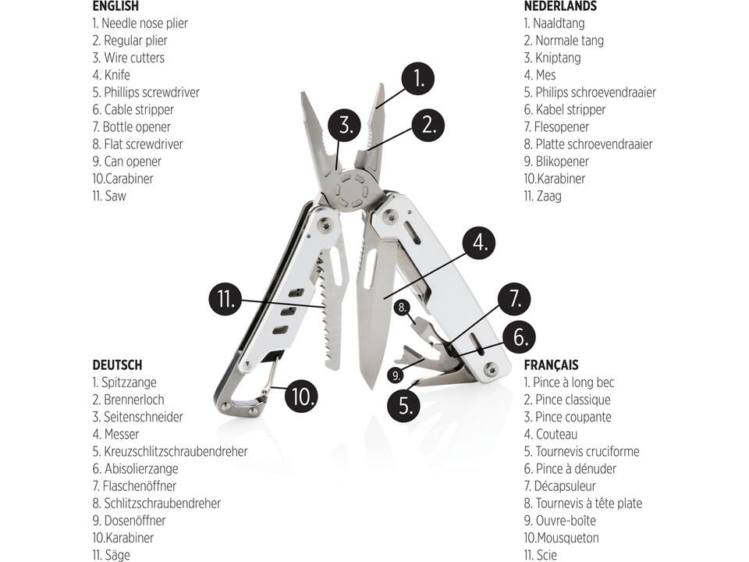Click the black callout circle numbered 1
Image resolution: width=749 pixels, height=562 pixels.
click(x=418, y=78)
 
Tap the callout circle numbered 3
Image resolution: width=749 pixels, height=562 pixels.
click(x=344, y=124)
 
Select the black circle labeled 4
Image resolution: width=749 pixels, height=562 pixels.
click(x=479, y=243)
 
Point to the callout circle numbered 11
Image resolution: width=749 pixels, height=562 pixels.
click(x=224, y=299)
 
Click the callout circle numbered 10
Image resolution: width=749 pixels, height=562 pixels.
click(x=300, y=396)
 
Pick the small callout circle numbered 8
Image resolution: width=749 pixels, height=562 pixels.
click(x=402, y=308)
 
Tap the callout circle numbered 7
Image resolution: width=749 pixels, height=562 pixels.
click(x=514, y=299)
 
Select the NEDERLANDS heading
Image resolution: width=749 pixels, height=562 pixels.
click(x=560, y=6)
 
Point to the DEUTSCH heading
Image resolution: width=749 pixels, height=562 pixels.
click(x=117, y=365)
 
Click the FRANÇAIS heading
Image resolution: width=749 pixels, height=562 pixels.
click(x=551, y=365)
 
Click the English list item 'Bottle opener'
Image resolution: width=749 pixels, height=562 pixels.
click(x=137, y=126)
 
